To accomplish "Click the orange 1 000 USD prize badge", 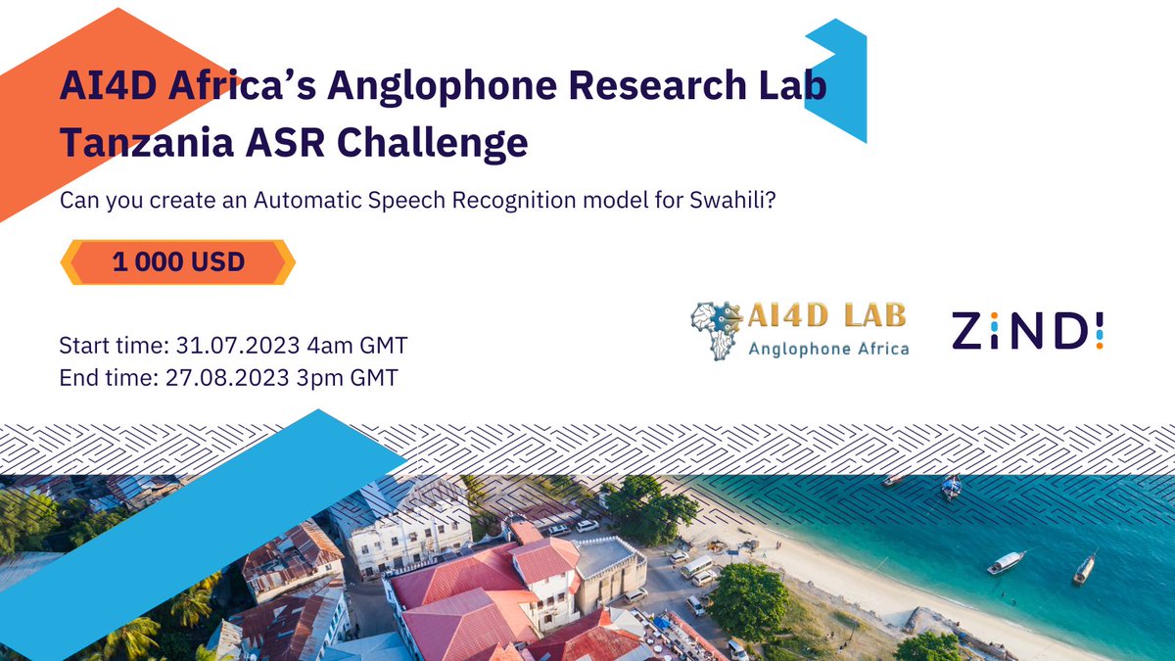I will [x=178, y=262].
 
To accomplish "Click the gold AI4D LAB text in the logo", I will [x=826, y=315].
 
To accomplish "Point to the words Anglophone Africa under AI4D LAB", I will [x=827, y=349].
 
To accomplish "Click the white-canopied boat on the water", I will [x=1006, y=562].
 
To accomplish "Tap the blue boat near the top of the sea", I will [x=951, y=487].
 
